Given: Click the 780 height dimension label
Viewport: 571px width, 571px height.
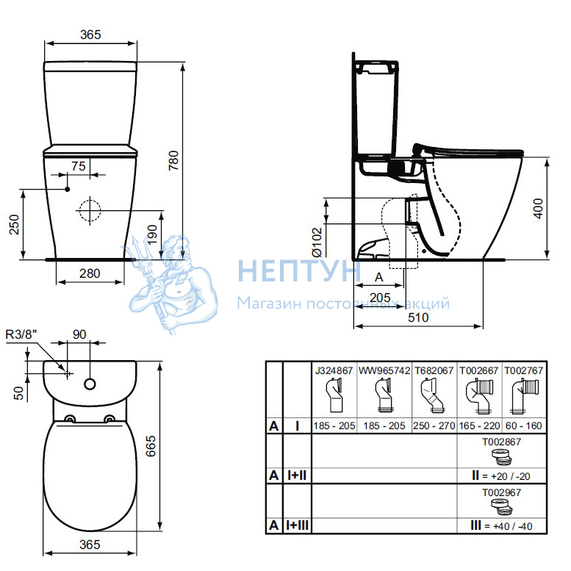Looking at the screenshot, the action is (x=173, y=161).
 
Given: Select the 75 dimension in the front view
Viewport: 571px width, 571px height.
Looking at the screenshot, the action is (x=79, y=166).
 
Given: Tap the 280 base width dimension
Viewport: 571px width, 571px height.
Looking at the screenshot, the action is (x=90, y=273).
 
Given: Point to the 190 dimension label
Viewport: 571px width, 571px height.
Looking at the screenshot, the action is (x=152, y=234).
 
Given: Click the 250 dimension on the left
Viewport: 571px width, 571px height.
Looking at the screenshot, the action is (x=14, y=225).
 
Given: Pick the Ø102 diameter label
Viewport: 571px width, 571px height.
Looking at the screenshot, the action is (x=317, y=242).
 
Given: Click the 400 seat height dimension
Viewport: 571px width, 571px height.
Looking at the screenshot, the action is (x=538, y=209).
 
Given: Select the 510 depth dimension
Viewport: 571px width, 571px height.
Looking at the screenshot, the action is (x=418, y=317).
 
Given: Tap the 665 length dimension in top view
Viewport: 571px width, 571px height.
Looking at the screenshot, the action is (x=151, y=446).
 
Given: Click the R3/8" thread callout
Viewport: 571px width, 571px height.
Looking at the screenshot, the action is (x=21, y=334).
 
